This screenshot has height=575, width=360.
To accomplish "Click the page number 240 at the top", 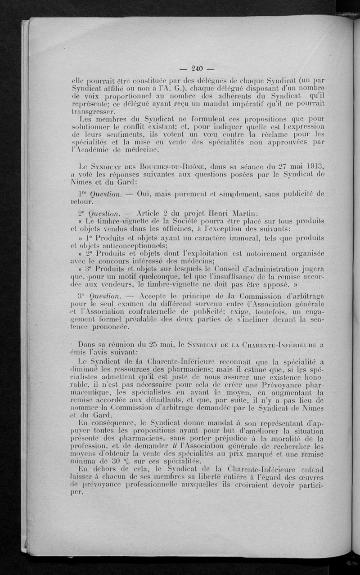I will tap(198, 68).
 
